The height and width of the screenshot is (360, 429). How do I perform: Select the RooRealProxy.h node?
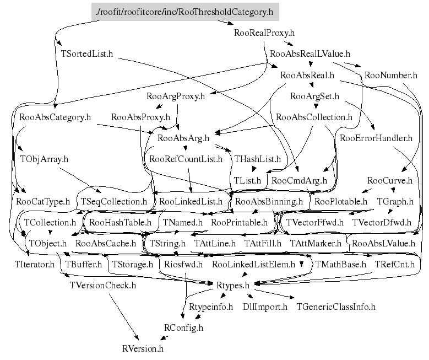click(265, 33)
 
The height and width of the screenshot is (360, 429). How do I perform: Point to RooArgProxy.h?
click(175, 96)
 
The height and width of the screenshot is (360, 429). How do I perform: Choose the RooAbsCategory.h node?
click(55, 117)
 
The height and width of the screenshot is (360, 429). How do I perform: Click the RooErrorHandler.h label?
click(376, 138)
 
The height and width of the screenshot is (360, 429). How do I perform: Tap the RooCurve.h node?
click(389, 181)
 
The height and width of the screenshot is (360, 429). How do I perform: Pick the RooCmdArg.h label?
click(300, 180)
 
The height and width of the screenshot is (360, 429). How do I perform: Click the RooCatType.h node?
click(43, 202)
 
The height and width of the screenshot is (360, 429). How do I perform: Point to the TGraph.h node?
click(395, 202)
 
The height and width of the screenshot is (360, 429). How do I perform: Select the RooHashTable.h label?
click(120, 223)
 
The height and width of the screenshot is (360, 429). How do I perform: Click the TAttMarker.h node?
click(316, 243)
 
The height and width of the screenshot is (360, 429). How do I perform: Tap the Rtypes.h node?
click(232, 285)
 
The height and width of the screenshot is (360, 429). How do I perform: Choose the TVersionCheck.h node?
click(102, 285)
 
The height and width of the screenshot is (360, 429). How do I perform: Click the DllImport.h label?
click(265, 306)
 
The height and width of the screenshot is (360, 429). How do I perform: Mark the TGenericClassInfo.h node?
click(336, 306)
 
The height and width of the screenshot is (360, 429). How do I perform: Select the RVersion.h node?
click(143, 348)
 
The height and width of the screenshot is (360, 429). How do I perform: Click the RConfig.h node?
click(184, 327)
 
